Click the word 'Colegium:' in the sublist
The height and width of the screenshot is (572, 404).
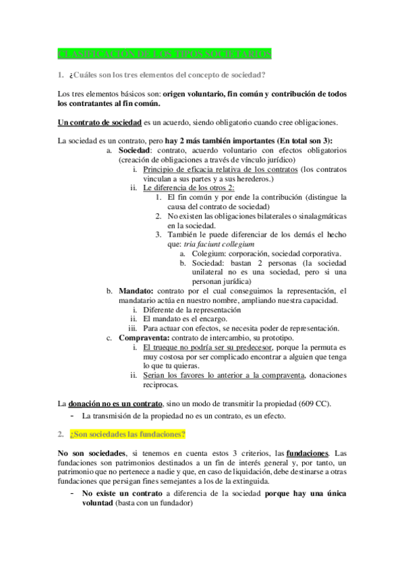pyautogui.click(x=192, y=253)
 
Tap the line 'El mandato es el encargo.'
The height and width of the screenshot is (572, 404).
pyautogui.click(x=184, y=318)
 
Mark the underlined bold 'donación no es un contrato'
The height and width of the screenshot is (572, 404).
pyautogui.click(x=113, y=403)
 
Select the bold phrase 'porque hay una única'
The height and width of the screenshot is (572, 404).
pyautogui.click(x=306, y=493)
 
